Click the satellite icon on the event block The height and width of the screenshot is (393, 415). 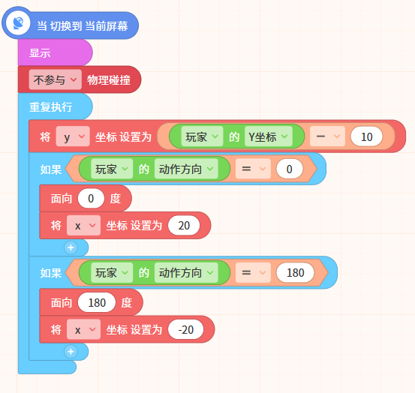tap(18, 23)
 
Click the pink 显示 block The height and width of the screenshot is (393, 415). tap(55, 52)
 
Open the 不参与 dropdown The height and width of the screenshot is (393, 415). tap(55, 79)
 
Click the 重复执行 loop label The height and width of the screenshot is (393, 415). tap(50, 106)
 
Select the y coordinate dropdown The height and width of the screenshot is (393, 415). tap(73, 136)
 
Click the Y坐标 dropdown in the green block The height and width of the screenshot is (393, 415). tap(269, 136)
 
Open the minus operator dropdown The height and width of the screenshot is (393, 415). tap(327, 136)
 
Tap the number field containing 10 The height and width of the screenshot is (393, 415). tap(366, 136)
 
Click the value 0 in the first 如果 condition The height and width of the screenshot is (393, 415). tap(289, 169)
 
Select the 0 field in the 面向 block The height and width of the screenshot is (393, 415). tap(91, 198)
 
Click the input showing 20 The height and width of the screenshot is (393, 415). tap(184, 226)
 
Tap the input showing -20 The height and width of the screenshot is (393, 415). tap(186, 330)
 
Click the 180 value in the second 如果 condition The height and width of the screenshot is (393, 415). tap(296, 273)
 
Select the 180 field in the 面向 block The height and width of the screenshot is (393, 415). tap(97, 302)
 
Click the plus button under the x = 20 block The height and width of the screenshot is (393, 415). tap(71, 247)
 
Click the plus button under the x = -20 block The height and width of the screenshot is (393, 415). tap(71, 352)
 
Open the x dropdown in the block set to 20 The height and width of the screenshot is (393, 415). tap(83, 225)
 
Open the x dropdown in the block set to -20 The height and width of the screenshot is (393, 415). tap(83, 329)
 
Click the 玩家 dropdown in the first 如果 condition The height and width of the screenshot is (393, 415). tap(112, 169)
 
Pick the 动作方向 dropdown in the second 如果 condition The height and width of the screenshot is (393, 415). tap(186, 273)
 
